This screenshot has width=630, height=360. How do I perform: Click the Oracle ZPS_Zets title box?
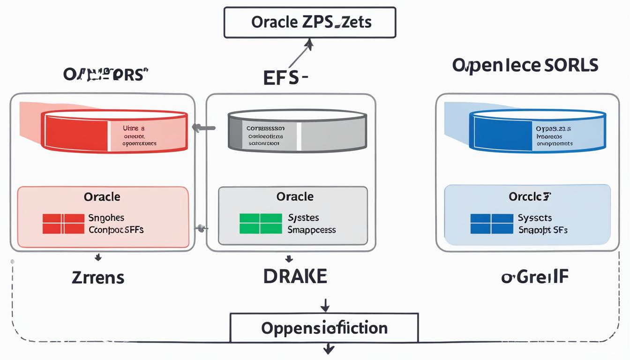310,22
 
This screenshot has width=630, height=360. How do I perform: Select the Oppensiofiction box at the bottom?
324,328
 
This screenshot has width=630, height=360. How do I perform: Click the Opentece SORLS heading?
525,66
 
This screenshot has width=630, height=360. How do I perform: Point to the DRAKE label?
295,277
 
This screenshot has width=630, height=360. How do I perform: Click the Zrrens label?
98,277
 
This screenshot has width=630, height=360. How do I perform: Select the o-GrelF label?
535,277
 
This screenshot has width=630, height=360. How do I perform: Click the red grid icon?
63,224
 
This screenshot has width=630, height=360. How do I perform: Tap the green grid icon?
261,224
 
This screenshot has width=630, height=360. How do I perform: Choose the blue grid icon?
491,224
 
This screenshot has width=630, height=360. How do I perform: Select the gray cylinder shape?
297,131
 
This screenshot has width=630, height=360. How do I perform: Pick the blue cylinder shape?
537,131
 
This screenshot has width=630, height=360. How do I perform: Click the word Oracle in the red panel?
102,197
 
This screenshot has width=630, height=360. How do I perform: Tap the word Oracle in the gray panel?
295,197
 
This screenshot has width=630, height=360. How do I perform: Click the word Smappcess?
311,230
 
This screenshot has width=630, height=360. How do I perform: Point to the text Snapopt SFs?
542,230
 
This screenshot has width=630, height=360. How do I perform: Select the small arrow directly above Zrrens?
98,257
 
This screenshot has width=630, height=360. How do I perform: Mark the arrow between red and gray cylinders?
203,127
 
